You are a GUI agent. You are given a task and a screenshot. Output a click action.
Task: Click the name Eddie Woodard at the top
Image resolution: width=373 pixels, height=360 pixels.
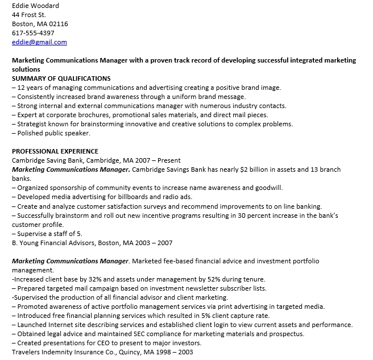click(35, 6)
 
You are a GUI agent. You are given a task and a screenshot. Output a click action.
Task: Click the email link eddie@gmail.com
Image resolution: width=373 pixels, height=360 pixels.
click(39, 42)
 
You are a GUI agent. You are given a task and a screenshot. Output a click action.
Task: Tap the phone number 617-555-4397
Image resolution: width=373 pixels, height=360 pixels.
click(33, 33)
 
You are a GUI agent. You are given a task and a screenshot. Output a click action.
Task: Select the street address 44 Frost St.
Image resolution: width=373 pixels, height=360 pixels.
click(29, 15)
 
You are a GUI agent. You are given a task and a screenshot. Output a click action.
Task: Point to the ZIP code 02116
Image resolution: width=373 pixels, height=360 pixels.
click(59, 24)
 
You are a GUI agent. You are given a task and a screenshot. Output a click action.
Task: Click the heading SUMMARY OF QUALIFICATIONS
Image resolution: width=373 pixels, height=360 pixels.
click(61, 78)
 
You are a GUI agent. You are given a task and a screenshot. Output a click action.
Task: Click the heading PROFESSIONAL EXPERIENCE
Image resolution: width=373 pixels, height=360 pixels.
click(55, 151)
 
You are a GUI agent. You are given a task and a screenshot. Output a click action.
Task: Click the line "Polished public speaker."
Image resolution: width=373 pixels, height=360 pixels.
click(53, 133)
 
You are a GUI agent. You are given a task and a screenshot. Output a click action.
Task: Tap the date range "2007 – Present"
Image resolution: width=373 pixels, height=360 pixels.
click(161, 160)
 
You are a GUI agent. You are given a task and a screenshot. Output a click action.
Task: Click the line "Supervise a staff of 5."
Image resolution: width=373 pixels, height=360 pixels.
click(49, 233)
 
